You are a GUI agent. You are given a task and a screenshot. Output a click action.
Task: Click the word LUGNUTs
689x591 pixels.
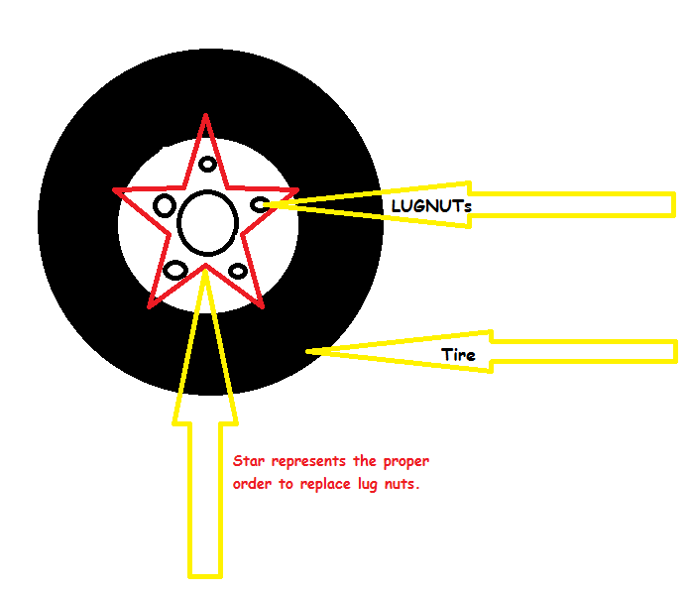(x=431, y=206)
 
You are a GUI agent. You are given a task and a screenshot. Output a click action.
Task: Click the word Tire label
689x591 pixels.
(x=458, y=354)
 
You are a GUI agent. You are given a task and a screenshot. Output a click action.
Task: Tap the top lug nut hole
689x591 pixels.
(x=207, y=165)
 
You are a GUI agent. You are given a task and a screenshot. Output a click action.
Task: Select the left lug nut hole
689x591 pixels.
(x=165, y=205)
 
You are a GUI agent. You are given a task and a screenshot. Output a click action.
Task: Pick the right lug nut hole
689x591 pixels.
(x=261, y=204)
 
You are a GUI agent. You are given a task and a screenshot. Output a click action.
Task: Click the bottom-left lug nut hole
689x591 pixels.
(x=175, y=270)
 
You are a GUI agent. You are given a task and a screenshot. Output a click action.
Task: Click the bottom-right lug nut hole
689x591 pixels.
(x=238, y=271)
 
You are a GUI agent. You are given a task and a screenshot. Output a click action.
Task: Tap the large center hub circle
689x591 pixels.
(x=207, y=220)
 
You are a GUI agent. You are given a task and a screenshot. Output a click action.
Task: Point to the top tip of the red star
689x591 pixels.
(x=205, y=116)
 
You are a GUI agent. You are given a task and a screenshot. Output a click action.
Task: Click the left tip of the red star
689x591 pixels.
(x=114, y=189)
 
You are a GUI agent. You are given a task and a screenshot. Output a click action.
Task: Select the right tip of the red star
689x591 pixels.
(x=297, y=189)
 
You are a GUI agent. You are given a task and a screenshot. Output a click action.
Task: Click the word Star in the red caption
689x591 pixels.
(x=249, y=462)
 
